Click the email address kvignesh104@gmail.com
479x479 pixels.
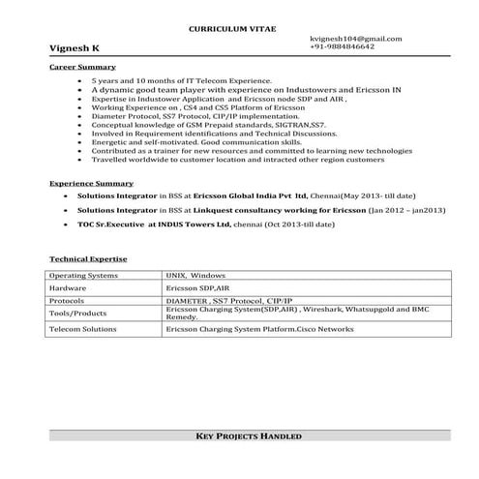pyautogui.click(x=355, y=38)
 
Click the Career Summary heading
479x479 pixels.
pyautogui.click(x=83, y=68)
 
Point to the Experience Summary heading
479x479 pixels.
pyautogui.click(x=91, y=182)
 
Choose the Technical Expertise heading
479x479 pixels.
pyautogui.click(x=88, y=259)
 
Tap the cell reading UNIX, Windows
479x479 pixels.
pyautogui.click(x=195, y=276)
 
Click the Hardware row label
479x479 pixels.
pyautogui.click(x=68, y=288)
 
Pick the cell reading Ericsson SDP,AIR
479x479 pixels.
pyautogui.click(x=197, y=288)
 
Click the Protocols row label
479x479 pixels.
pyautogui.click(x=69, y=301)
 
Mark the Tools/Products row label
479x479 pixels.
pyautogui.click(x=77, y=314)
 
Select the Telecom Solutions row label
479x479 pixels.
pyautogui.click(x=86, y=329)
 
